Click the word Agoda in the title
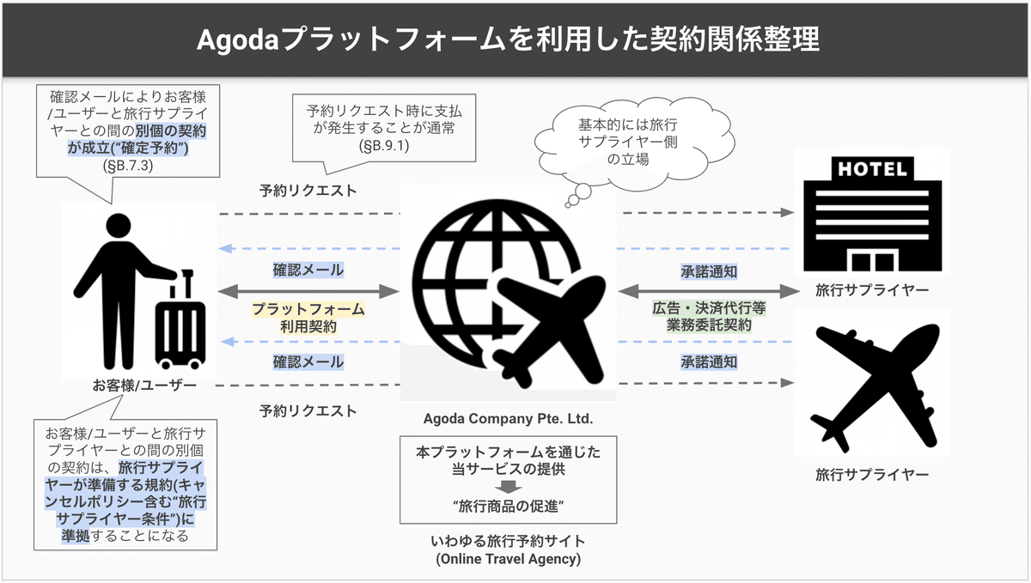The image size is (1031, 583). click(237, 40)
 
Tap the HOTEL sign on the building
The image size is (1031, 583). click(872, 169)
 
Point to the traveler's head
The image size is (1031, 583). click(119, 226)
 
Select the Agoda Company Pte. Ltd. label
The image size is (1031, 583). click(508, 419)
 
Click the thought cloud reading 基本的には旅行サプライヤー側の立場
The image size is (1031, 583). click(634, 140)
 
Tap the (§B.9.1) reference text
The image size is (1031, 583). click(384, 146)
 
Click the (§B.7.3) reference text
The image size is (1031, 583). click(128, 165)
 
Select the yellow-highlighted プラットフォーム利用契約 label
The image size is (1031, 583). click(308, 318)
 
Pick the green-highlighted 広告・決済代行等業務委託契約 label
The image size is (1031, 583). click(709, 316)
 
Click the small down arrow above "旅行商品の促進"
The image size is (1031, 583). click(508, 487)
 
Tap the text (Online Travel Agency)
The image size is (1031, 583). click(508, 559)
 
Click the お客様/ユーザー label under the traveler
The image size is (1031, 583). click(144, 386)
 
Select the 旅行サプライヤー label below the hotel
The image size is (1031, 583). click(872, 290)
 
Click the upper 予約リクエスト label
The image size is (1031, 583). click(308, 191)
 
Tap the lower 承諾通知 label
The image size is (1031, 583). click(709, 362)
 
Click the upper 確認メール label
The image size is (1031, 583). click(308, 270)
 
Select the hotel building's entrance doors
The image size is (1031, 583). click(873, 261)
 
